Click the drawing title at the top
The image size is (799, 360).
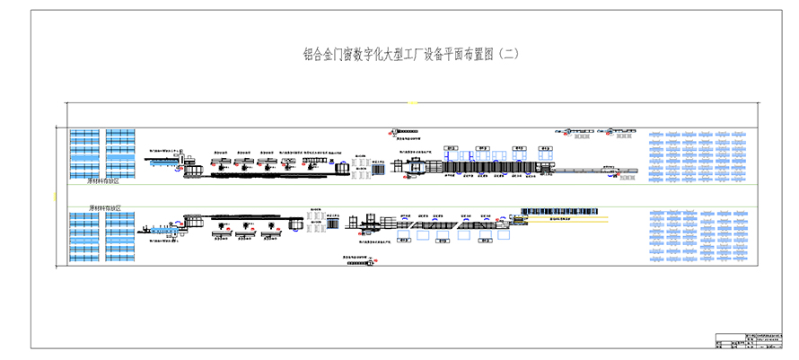[x=412, y=55]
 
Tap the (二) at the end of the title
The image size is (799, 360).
[x=508, y=55]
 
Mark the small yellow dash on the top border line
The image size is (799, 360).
[x=413, y=103]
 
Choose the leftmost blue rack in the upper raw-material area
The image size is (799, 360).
[x=84, y=153]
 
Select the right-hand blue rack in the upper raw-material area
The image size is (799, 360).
[x=120, y=153]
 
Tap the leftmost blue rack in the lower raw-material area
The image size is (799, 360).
[x=84, y=238]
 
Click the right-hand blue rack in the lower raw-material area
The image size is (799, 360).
[x=120, y=238]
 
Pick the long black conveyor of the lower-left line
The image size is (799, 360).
[x=242, y=217]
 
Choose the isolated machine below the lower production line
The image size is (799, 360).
[x=359, y=259]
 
